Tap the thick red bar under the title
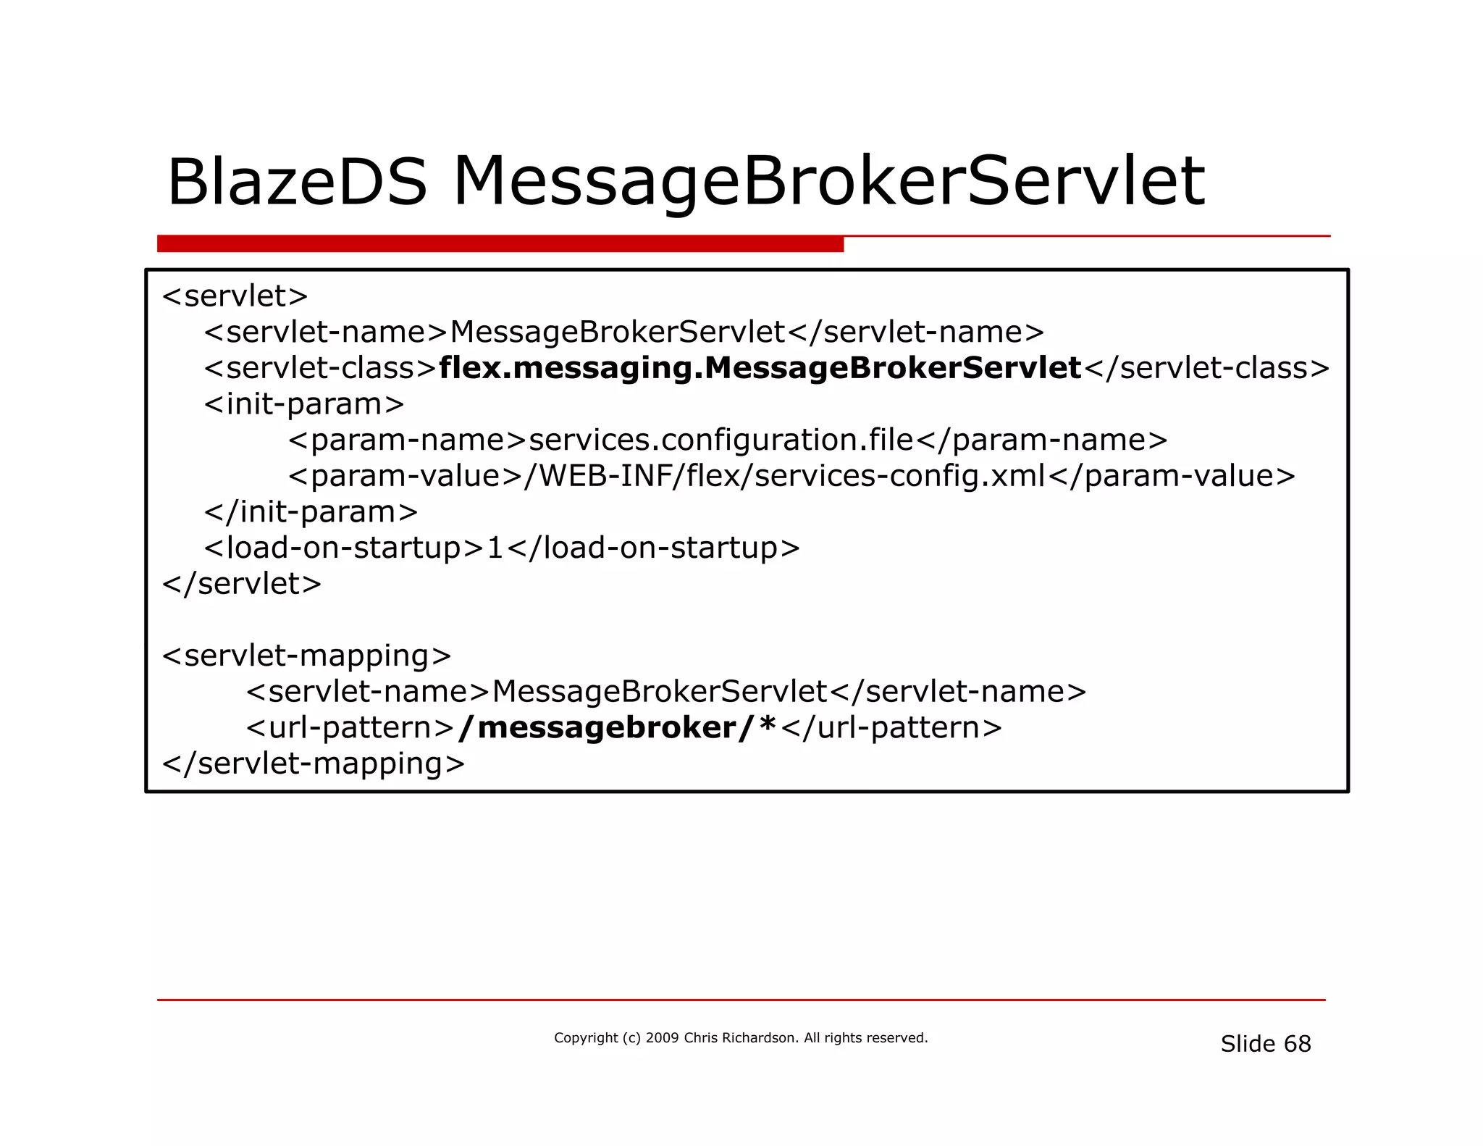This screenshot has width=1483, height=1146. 500,244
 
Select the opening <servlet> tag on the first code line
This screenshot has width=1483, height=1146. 235,296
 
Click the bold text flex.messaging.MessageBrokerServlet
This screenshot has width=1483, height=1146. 760,368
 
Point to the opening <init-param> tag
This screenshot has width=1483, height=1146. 304,404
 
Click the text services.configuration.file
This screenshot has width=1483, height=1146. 721,440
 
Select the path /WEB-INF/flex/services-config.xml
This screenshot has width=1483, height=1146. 784,476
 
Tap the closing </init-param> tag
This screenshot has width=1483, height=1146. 311,512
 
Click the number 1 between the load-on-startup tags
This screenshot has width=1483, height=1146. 495,548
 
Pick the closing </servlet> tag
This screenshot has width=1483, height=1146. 242,584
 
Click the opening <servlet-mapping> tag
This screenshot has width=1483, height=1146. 307,656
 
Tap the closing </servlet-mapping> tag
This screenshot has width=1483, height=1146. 314,764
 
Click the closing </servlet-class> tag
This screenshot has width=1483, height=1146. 1207,368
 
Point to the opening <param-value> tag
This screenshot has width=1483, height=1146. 405,476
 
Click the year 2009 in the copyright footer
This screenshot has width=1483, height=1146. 662,1038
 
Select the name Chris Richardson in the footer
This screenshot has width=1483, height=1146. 739,1038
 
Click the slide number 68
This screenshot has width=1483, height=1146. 1297,1044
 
